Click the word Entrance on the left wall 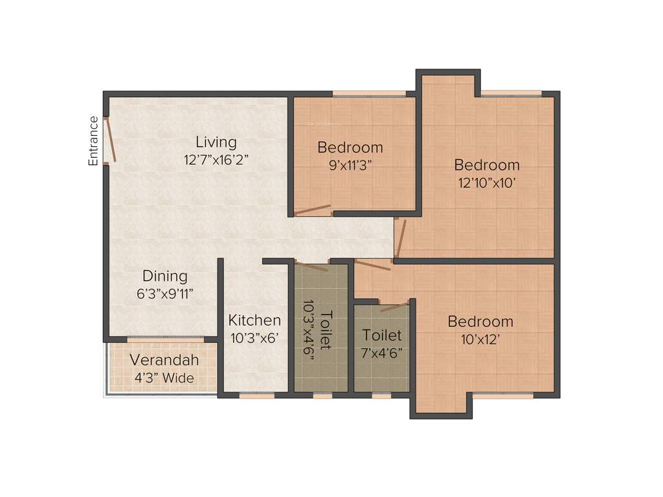(x=94, y=141)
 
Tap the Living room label (x=216, y=142)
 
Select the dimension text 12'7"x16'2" (x=216, y=160)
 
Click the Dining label (x=165, y=276)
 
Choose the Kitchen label (x=254, y=320)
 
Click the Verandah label (x=164, y=360)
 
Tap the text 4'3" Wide (x=164, y=378)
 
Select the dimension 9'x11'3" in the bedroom (x=350, y=164)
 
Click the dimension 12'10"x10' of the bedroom (x=487, y=182)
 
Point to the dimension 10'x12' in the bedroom (x=480, y=339)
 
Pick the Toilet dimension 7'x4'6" (x=382, y=353)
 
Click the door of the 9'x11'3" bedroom (x=312, y=210)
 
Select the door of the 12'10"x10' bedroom (x=401, y=238)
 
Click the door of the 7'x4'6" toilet (x=395, y=306)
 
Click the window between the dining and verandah (x=165, y=339)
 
